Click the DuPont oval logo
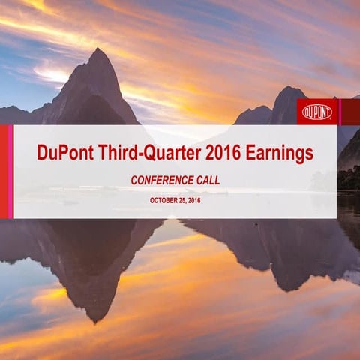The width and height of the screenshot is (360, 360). click(x=317, y=112)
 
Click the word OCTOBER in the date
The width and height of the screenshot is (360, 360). click(x=163, y=200)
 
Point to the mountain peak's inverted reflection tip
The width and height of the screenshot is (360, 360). click(x=94, y=321)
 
